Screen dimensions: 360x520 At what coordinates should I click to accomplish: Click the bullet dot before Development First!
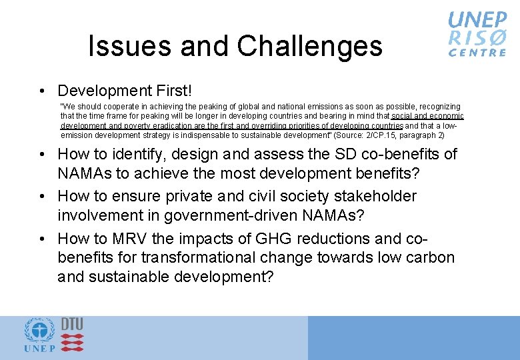coord(42,91)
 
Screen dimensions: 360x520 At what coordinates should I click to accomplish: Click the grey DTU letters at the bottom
coord(72,323)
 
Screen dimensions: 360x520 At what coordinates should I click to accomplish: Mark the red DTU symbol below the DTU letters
coord(72,342)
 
